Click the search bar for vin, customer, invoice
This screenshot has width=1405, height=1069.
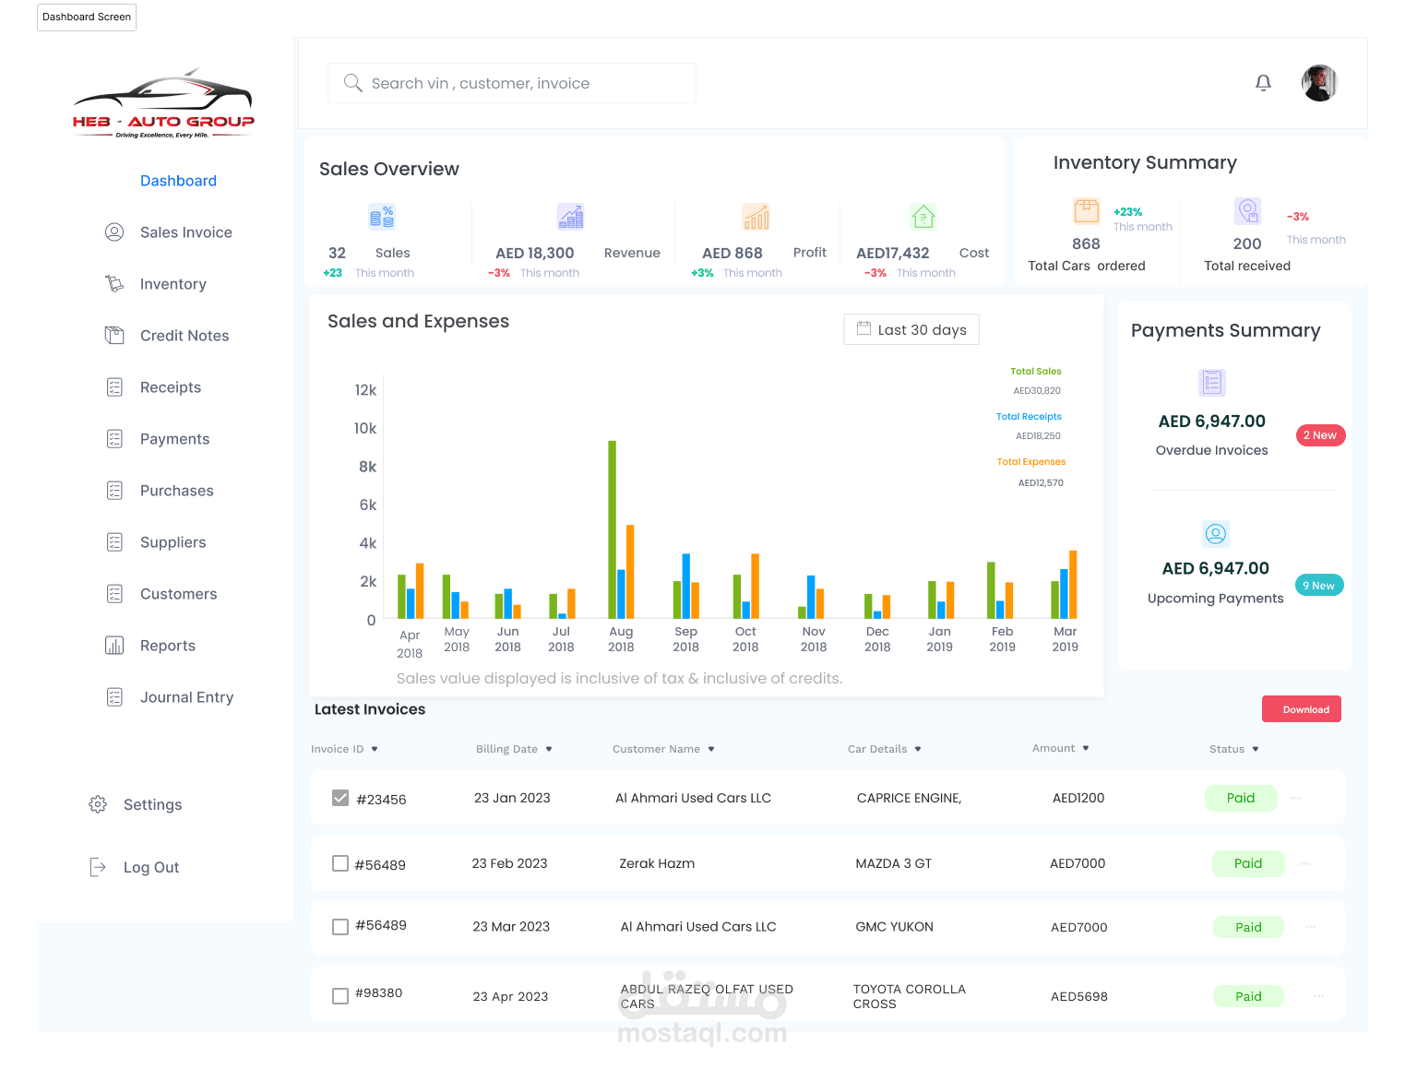click(511, 83)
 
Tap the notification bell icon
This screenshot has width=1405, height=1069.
click(1263, 83)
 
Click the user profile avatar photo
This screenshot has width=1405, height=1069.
click(1319, 83)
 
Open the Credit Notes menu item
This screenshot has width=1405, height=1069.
click(184, 336)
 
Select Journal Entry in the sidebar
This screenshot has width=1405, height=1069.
click(186, 697)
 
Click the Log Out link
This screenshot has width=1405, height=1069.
click(150, 867)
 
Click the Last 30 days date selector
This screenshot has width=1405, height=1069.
click(911, 329)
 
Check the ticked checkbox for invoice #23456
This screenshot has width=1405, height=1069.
click(340, 798)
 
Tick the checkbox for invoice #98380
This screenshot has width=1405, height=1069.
click(340, 996)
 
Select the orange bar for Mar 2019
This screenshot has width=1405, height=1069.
click(1073, 584)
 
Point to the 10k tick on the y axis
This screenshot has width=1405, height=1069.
click(365, 428)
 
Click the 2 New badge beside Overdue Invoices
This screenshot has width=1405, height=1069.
click(1320, 435)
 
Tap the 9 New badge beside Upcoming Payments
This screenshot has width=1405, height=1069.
click(1318, 586)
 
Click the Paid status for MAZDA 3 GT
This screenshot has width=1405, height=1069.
click(1247, 863)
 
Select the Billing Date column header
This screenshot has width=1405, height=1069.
click(506, 749)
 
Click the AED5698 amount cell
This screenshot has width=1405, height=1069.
click(1078, 996)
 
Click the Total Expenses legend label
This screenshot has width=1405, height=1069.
click(1030, 461)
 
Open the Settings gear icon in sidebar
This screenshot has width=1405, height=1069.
click(98, 804)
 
